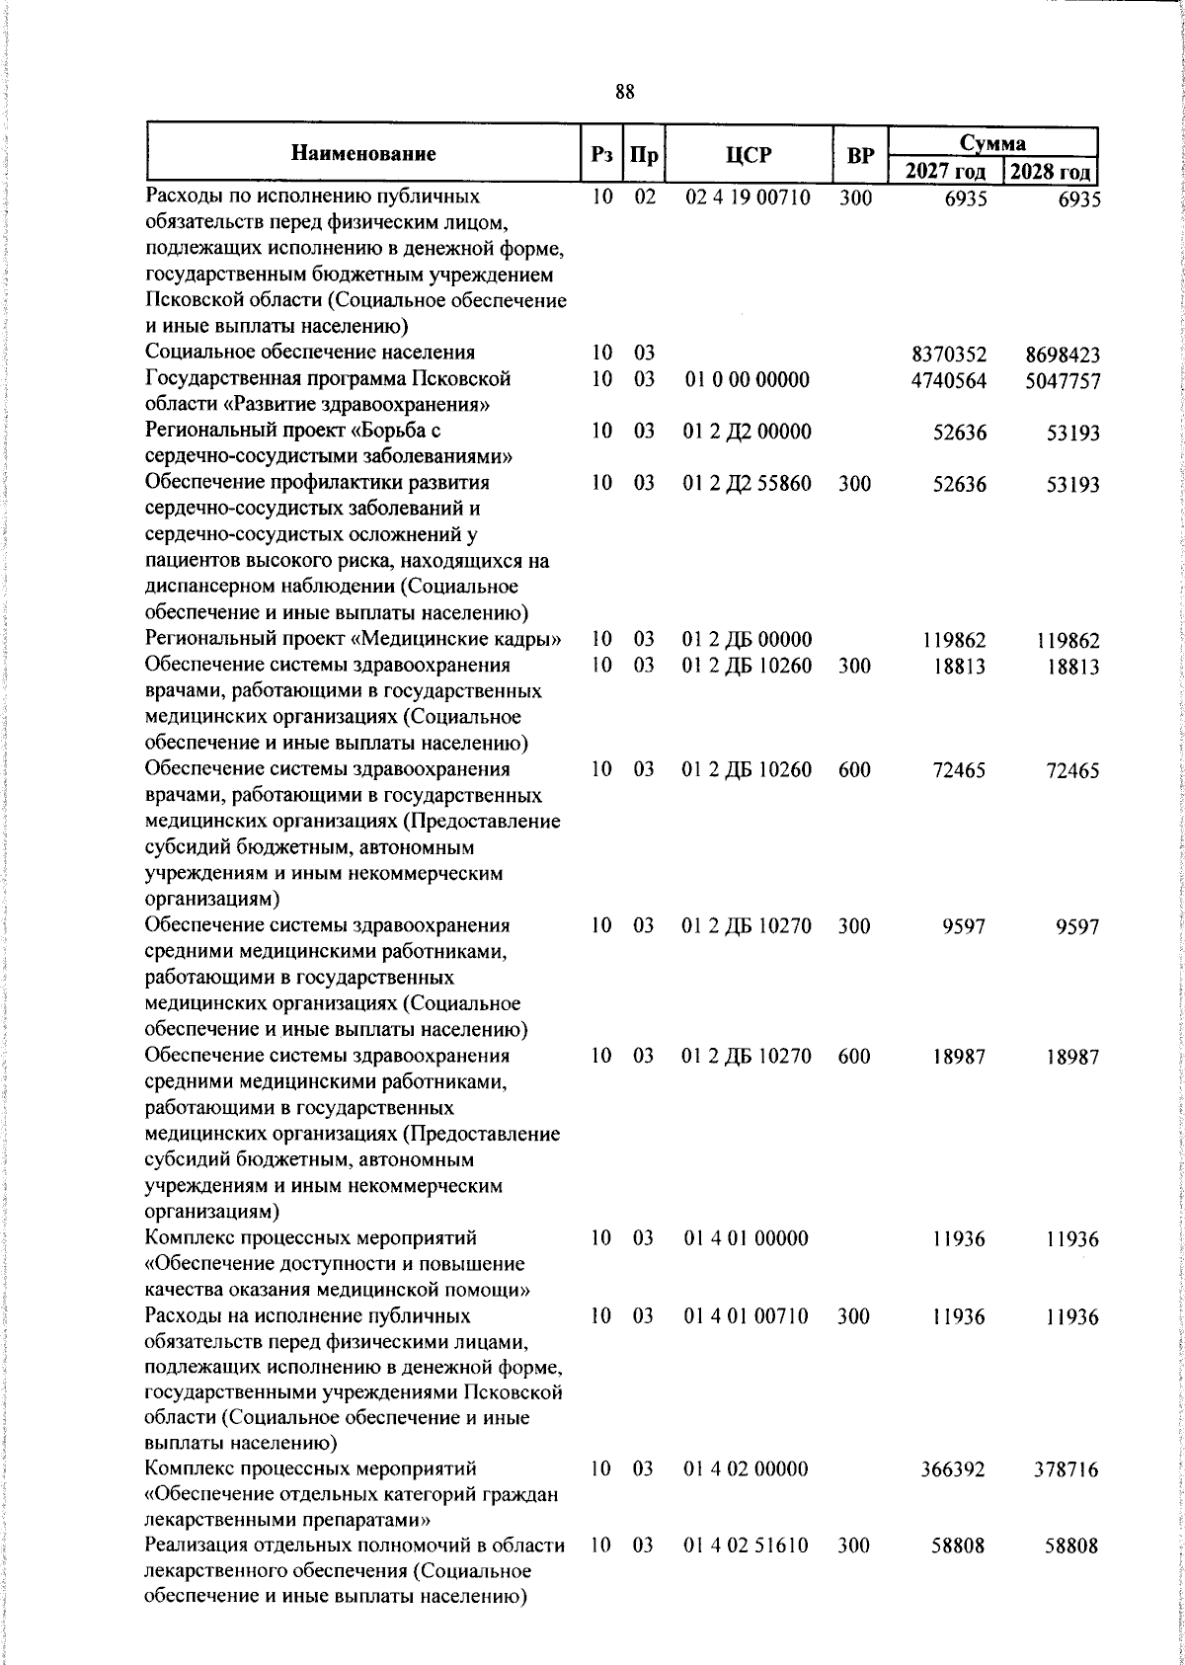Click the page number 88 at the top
624,92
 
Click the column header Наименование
363,153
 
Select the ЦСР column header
748,155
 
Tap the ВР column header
860,155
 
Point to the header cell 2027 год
945,171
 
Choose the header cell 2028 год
1051,171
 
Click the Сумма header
993,142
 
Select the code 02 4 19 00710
748,197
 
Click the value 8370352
949,354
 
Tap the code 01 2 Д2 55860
747,483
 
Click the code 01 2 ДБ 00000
747,640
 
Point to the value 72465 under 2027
958,771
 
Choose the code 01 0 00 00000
747,379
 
